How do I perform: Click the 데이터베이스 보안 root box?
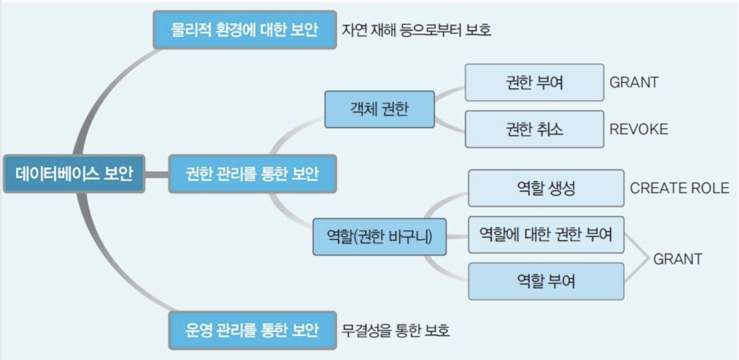[x=74, y=174]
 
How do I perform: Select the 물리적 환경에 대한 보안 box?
[x=245, y=30]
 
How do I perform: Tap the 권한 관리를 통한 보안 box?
[x=252, y=174]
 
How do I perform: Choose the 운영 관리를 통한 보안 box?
[x=252, y=330]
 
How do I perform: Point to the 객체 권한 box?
[x=379, y=109]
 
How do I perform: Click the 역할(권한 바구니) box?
[x=379, y=237]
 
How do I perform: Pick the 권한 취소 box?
[x=534, y=129]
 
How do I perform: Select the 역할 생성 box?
[x=546, y=188]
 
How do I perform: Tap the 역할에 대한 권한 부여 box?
[x=546, y=235]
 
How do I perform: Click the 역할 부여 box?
[x=546, y=281]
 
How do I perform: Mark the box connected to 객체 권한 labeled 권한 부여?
[x=534, y=82]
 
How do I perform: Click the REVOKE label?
[x=639, y=129]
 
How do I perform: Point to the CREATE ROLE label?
[x=679, y=188]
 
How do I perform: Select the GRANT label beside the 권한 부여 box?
[x=634, y=82]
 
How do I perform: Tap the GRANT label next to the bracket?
[x=677, y=259]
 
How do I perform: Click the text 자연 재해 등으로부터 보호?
[x=416, y=30]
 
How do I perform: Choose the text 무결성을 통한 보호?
[x=395, y=331]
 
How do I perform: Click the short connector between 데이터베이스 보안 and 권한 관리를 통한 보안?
[x=156, y=174]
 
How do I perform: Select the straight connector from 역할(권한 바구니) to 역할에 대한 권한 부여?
[x=457, y=236]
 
